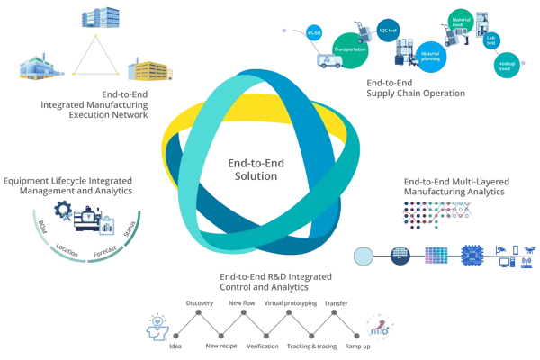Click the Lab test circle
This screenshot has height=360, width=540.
coord(492,40)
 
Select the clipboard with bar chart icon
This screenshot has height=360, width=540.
coord(108,224)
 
